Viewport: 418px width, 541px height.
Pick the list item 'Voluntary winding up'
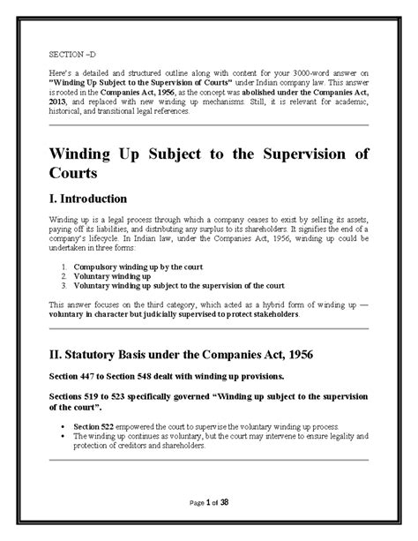[x=110, y=275]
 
